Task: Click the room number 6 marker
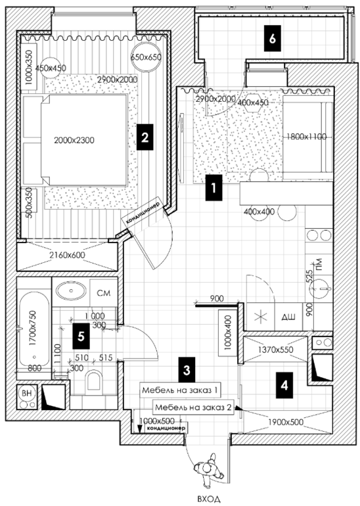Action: (272, 38)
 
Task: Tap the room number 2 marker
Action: (145, 137)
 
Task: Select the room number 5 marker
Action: (81, 336)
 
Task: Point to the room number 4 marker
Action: (284, 385)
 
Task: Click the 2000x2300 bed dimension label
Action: (74, 141)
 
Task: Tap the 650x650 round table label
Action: (146, 57)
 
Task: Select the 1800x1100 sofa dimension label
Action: (306, 137)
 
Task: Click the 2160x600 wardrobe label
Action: (67, 255)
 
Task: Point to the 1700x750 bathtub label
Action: (33, 328)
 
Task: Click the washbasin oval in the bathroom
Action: (71, 291)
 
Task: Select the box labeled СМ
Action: (104, 292)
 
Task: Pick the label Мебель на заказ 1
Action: (180, 390)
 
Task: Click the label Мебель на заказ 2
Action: (193, 407)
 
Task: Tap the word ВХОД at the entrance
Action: (209, 499)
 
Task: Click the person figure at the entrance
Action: (209, 469)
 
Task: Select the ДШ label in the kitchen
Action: (288, 317)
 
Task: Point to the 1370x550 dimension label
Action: (276, 350)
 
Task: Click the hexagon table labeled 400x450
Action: (252, 103)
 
